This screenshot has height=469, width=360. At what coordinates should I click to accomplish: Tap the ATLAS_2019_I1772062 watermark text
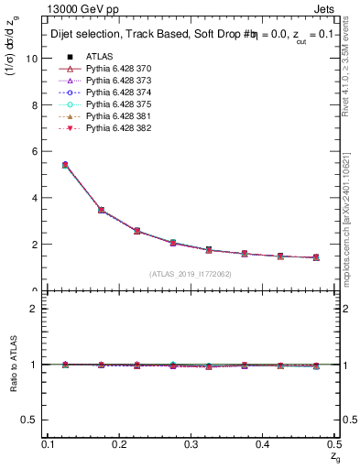191,273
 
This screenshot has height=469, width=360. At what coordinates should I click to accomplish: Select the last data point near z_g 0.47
316,257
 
